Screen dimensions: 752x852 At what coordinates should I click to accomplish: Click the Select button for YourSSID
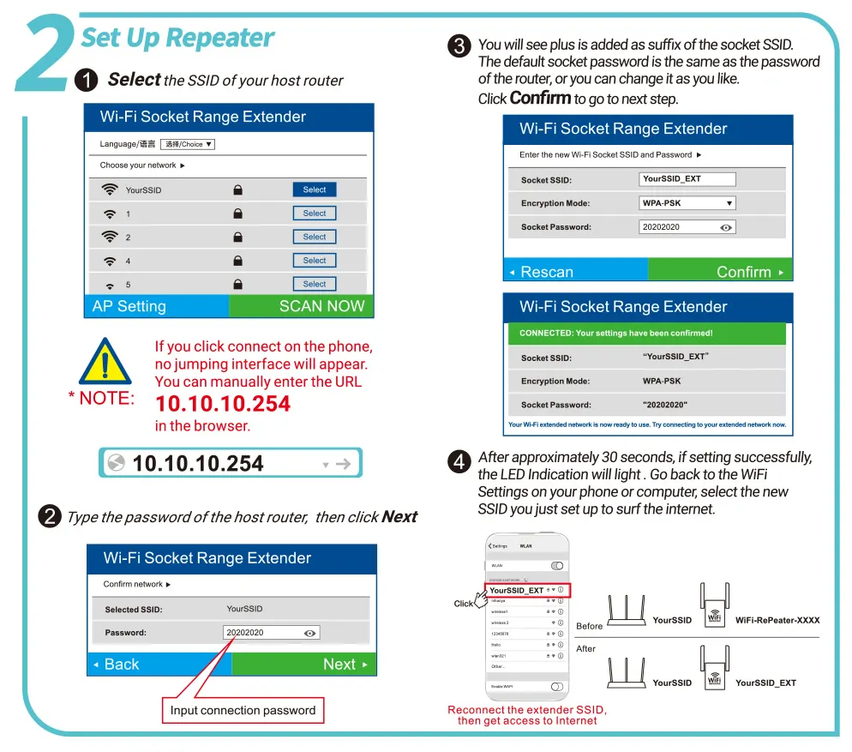click(314, 190)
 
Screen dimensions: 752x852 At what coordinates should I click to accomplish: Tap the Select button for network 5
click(314, 284)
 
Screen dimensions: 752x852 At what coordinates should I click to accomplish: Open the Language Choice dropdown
click(188, 144)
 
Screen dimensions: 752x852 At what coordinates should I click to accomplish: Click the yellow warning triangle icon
click(105, 362)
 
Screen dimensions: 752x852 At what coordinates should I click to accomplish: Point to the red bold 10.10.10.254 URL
click(222, 404)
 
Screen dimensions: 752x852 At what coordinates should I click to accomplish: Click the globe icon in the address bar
click(115, 464)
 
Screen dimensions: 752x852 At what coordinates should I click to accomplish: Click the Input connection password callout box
click(243, 710)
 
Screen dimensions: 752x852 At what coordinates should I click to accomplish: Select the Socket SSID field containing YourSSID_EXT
click(687, 179)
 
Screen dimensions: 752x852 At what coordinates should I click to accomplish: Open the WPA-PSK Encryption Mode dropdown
click(687, 203)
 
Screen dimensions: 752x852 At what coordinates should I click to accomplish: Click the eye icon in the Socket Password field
click(726, 227)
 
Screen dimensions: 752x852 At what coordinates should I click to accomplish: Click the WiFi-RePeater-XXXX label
click(777, 620)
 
